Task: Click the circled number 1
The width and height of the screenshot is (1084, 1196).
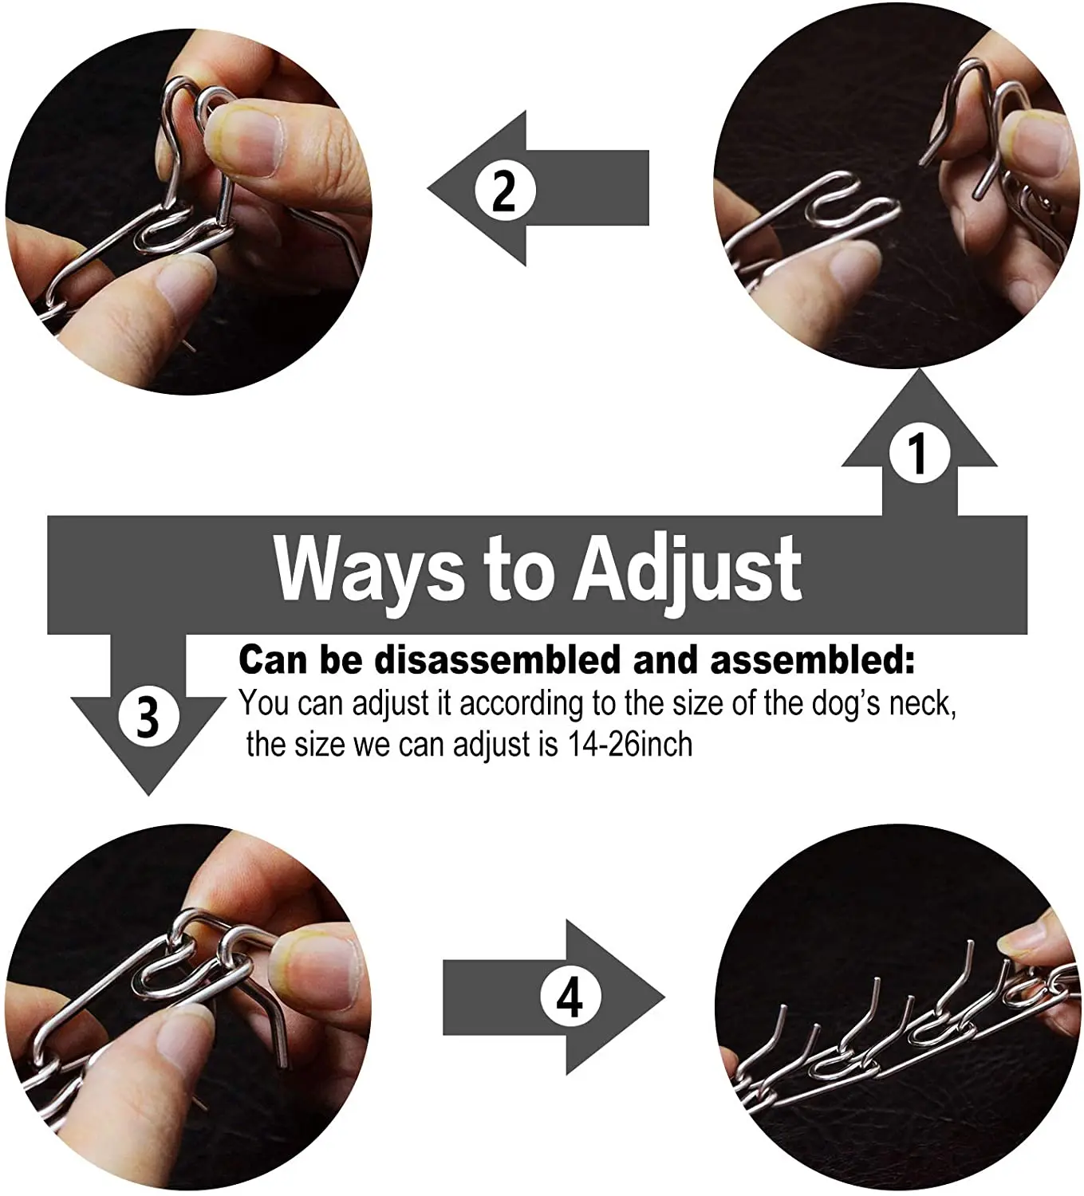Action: pos(919,453)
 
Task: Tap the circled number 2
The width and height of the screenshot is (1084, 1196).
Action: pos(503,191)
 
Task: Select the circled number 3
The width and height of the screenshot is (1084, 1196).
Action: pos(148,715)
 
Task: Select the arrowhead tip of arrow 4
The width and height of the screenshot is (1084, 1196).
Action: pos(664,997)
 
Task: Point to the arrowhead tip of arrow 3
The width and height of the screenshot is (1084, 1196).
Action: pos(148,793)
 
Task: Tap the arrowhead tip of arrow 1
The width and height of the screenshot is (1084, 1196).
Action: pos(919,371)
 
